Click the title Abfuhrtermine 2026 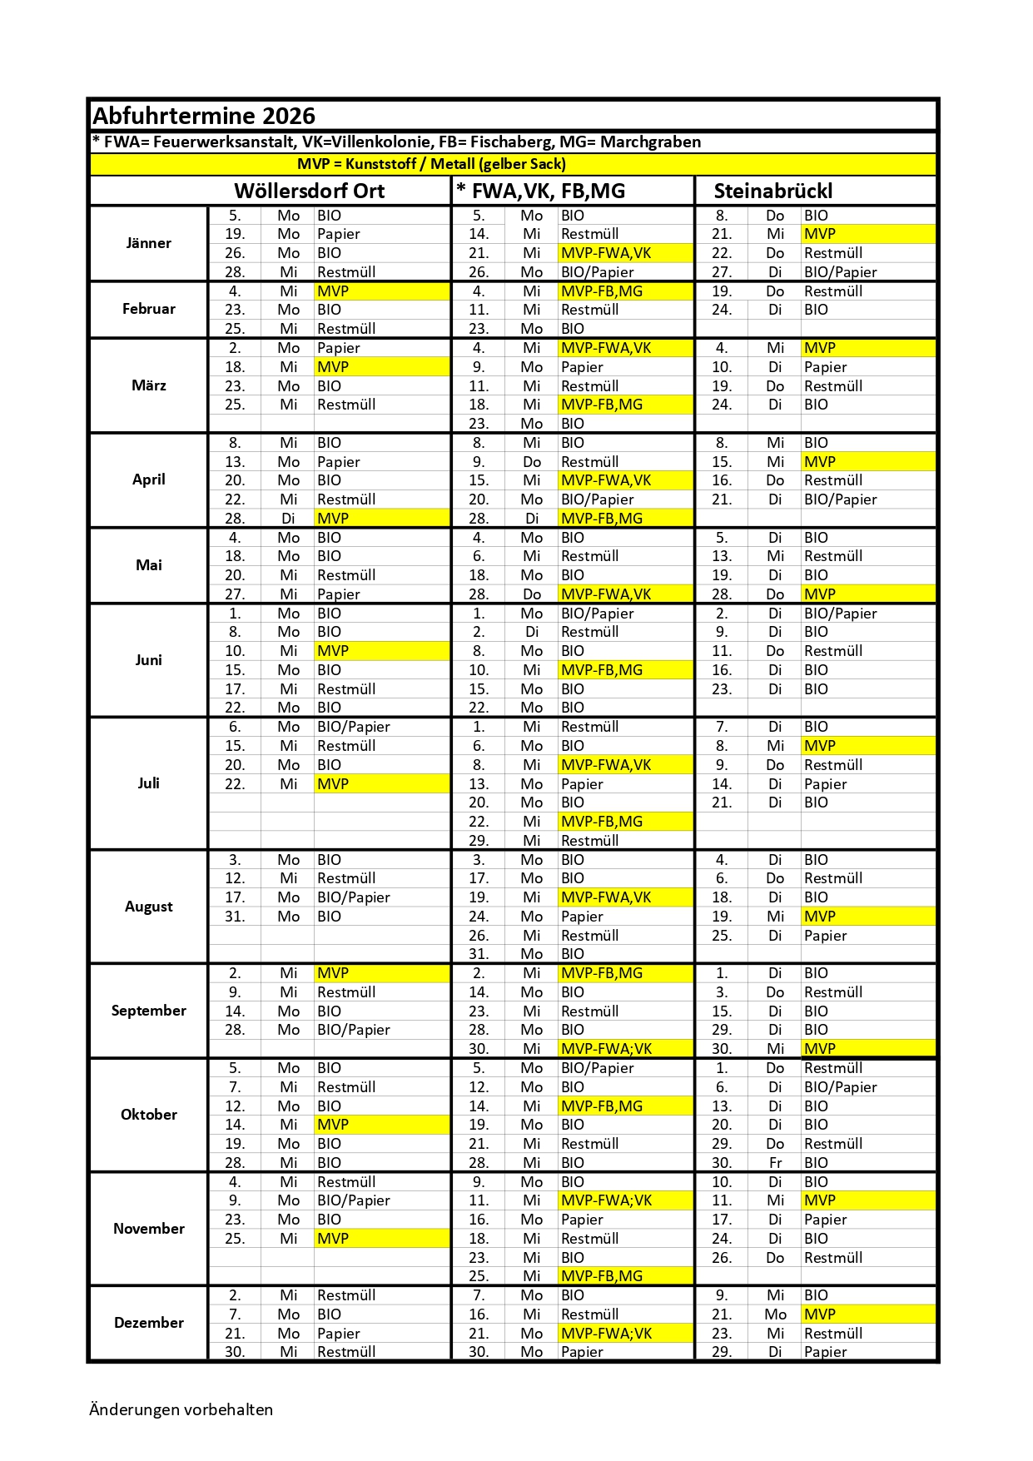click(204, 116)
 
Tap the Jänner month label click(148, 243)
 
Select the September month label click(148, 1011)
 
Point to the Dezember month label click(148, 1323)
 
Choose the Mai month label click(148, 565)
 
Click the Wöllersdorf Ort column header click(309, 191)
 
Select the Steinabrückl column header click(772, 191)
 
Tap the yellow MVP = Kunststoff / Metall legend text click(431, 164)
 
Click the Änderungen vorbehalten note click(181, 1409)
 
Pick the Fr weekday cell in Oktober click(775, 1163)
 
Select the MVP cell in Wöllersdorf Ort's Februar click(333, 291)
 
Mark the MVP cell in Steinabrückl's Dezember click(820, 1314)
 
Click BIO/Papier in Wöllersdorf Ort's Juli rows click(354, 727)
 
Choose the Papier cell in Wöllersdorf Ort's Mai click(339, 594)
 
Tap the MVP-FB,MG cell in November click(601, 1276)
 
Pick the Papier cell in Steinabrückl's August click(825, 936)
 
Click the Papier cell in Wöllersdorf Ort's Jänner click(339, 234)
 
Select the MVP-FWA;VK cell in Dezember click(606, 1334)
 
